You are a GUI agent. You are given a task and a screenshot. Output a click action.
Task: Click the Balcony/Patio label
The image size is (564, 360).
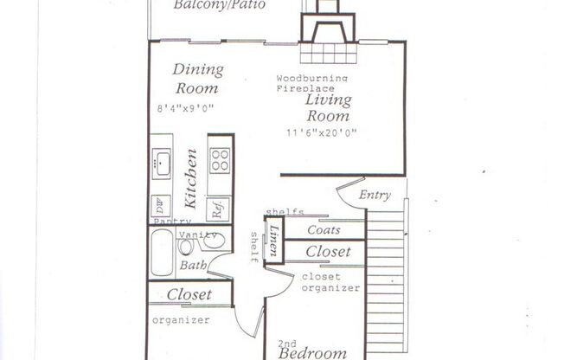pyautogui.click(x=219, y=5)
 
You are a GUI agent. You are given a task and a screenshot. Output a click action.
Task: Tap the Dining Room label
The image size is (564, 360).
pyautogui.click(x=197, y=79)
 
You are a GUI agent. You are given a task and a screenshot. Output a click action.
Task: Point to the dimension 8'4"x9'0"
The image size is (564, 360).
pyautogui.click(x=185, y=108)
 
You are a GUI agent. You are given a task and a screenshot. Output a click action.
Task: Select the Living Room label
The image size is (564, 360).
pyautogui.click(x=328, y=107)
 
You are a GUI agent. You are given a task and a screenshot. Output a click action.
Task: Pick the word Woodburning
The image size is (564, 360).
pyautogui.click(x=312, y=79)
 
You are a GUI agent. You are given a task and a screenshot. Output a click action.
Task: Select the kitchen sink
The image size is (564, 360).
pyautogui.click(x=162, y=162)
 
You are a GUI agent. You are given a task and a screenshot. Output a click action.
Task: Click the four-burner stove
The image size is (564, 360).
pyautogui.click(x=221, y=161)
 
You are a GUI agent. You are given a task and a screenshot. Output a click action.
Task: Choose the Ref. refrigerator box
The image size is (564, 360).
pyautogui.click(x=220, y=207)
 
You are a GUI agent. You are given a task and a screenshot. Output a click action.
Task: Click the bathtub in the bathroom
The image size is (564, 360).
pyautogui.click(x=161, y=254)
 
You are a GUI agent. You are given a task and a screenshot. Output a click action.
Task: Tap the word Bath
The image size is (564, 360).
pyautogui.click(x=193, y=266)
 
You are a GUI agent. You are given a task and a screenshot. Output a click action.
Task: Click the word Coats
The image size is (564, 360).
pyautogui.click(x=324, y=230)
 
